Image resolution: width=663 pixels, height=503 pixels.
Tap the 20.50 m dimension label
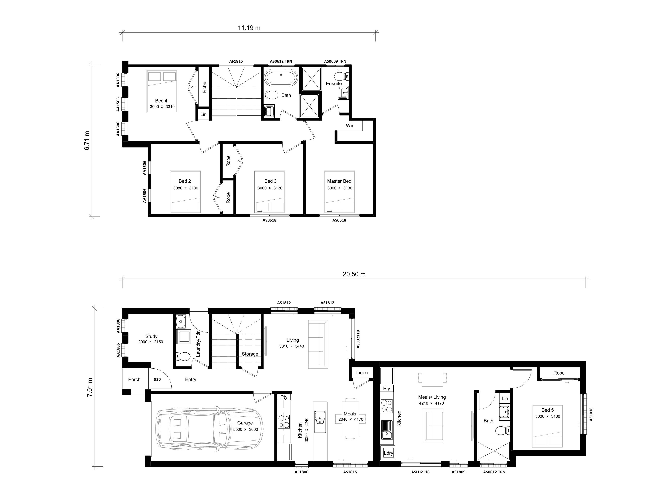[x=354, y=274]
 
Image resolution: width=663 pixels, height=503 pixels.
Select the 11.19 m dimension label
[x=249, y=28]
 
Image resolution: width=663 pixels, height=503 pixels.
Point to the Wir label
[x=349, y=126]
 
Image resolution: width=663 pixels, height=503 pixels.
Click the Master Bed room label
[x=339, y=181]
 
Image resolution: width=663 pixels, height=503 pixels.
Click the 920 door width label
[x=157, y=379]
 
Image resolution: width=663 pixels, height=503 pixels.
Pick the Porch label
[x=134, y=379]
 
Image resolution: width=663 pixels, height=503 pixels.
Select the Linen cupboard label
[x=362, y=373]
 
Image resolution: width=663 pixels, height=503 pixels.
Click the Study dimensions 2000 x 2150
[x=151, y=342]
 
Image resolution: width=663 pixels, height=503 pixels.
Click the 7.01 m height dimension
[x=90, y=387]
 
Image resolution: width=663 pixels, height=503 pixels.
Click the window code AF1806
[x=301, y=472]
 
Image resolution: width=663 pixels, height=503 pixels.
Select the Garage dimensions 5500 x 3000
[x=245, y=429]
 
